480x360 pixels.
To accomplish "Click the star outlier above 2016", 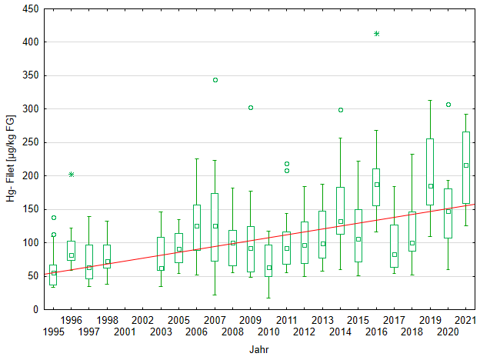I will [x=377, y=34].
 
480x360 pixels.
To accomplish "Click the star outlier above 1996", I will [x=72, y=175].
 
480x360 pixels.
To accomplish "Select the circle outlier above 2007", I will [x=215, y=80].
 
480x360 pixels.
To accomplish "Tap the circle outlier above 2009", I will [x=251, y=108].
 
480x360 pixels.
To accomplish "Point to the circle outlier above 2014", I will [x=341, y=110].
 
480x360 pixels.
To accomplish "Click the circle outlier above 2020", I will [x=448, y=105].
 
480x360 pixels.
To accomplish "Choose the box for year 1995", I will [x=53, y=275].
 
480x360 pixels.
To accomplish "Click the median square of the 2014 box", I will [x=341, y=222].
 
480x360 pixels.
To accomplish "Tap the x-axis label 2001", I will [x=125, y=332].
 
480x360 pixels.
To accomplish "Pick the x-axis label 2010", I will [x=268, y=332].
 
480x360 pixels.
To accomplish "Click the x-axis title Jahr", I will [x=259, y=349].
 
